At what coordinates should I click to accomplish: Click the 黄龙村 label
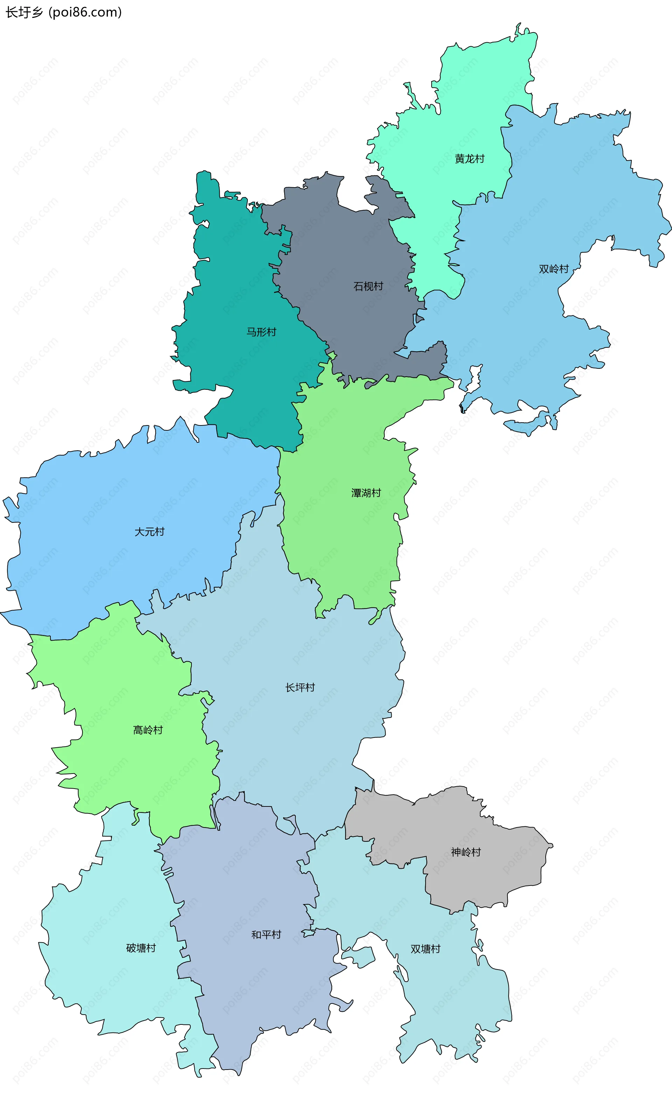(469, 159)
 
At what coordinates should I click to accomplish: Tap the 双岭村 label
(553, 269)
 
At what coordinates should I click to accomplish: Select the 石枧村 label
(368, 286)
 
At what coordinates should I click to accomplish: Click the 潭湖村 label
(366, 493)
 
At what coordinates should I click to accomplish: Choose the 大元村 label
(149, 532)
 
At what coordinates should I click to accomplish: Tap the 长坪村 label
(300, 687)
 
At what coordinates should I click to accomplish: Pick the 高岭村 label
(148, 730)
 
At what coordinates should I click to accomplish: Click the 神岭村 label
(466, 852)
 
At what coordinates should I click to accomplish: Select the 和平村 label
(266, 935)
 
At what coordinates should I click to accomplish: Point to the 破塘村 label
(141, 948)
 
